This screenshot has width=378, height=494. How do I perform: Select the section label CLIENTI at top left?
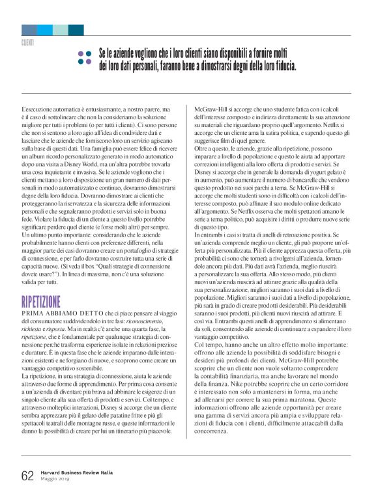(x=28, y=42)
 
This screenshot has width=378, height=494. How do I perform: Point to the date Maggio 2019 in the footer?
(x=57, y=480)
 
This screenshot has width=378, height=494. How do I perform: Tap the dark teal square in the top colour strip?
(x=76, y=30)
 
